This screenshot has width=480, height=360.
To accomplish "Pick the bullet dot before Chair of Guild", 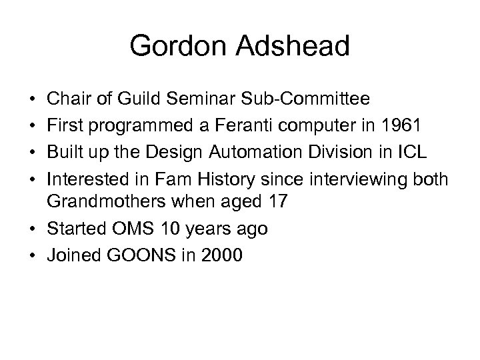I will coord(33,101).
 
